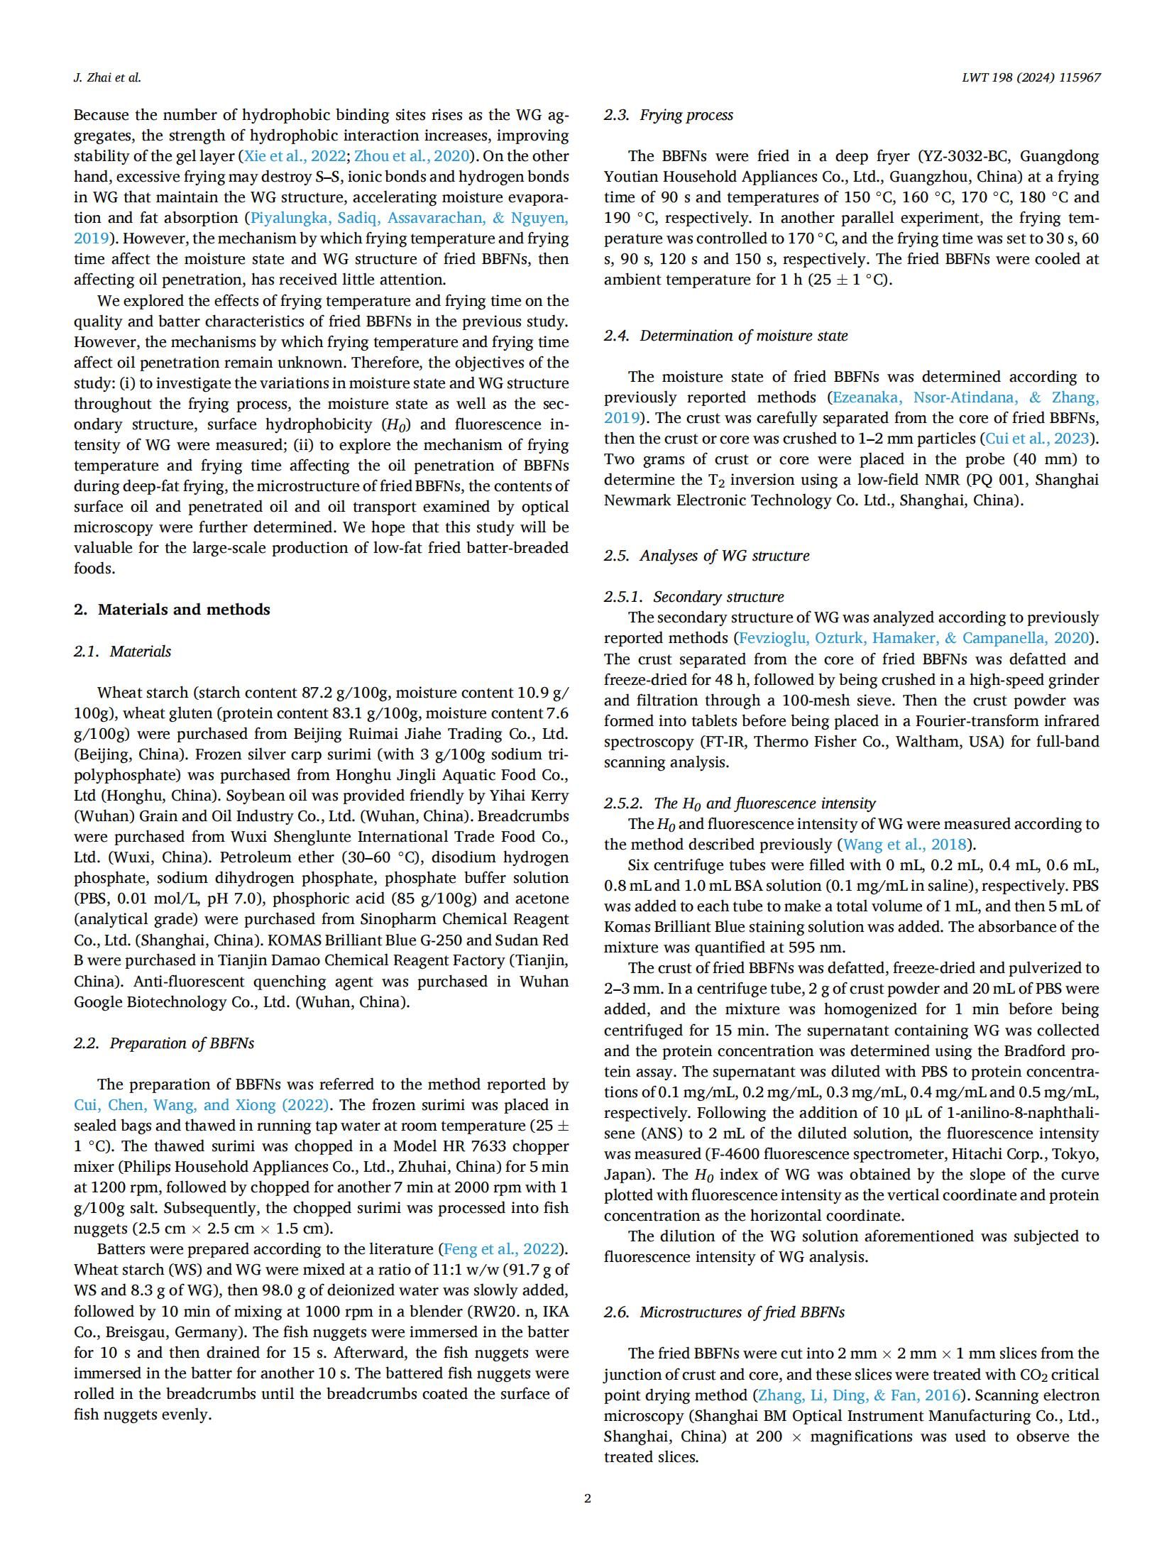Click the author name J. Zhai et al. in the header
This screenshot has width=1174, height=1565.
[107, 78]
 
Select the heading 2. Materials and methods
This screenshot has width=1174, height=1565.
[172, 610]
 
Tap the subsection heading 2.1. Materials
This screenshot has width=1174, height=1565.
[122, 652]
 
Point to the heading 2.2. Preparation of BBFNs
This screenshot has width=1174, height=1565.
[163, 1043]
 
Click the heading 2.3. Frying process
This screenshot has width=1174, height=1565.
[668, 115]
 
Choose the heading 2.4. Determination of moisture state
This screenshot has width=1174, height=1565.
[725, 336]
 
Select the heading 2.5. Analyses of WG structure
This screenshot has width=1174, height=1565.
[706, 556]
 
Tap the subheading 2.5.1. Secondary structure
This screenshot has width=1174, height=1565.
[693, 597]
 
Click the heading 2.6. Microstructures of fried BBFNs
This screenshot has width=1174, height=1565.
[724, 1312]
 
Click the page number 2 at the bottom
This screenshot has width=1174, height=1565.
[587, 1499]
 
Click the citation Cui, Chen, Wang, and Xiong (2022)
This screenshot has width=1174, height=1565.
[201, 1105]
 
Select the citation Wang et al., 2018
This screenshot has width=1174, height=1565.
[904, 845]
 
